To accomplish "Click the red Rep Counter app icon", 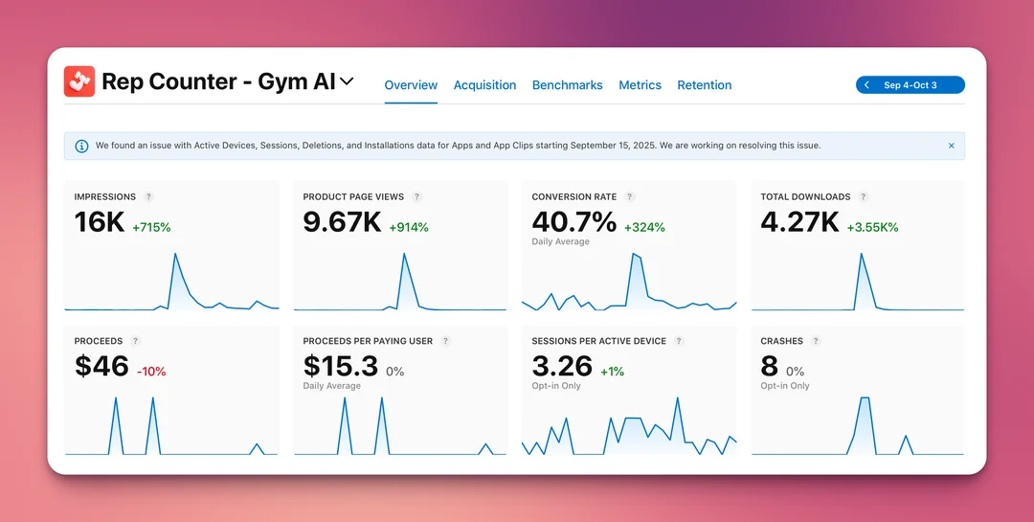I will click(79, 81).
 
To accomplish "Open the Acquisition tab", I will click(484, 85).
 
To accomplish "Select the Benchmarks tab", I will click(567, 85).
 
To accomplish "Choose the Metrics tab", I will click(640, 85).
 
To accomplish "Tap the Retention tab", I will click(704, 85).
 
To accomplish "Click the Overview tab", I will click(411, 85).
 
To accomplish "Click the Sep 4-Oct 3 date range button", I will click(910, 85).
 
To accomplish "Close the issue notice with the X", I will click(951, 146).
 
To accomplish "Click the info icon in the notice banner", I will click(81, 146).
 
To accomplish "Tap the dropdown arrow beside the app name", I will click(347, 81).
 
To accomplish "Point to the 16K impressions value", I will click(100, 222).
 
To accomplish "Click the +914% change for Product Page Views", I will click(409, 227).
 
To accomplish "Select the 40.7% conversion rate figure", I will click(573, 222).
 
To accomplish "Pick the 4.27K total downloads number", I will click(799, 222).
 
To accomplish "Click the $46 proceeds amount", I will click(101, 366).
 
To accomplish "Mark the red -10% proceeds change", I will click(151, 372).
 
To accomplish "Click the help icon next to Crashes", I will click(816, 341).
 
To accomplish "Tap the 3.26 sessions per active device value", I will click(562, 366).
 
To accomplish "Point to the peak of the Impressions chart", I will click(175, 254).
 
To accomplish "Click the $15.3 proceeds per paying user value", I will click(341, 366).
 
